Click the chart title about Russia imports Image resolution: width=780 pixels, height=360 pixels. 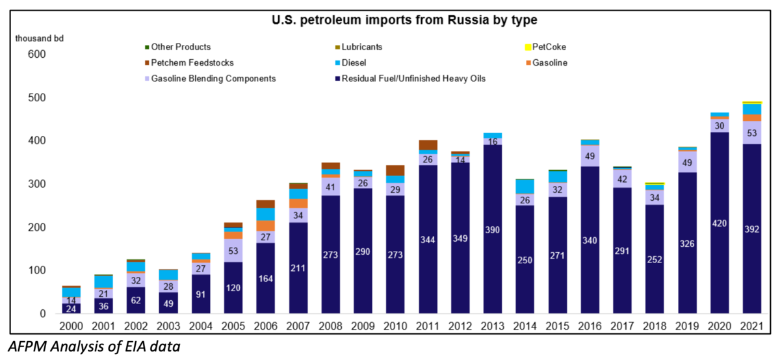tap(404, 20)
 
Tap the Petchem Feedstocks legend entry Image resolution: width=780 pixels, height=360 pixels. tap(192, 63)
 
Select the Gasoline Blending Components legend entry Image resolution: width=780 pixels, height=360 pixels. tap(213, 79)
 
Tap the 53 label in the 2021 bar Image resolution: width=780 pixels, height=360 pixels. tap(752, 133)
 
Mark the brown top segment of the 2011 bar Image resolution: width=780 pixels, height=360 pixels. tap(428, 145)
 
